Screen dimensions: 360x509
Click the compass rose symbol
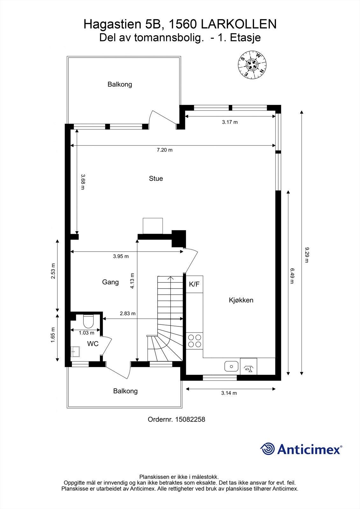point(252,65)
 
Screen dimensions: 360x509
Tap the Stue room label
point(156,178)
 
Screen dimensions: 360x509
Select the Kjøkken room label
point(241,300)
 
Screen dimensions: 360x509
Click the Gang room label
point(110,282)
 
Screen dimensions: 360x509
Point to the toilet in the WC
point(88,321)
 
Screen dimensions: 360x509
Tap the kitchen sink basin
point(231,366)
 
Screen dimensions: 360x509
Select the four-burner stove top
point(195,341)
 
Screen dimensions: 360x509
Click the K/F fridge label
point(194,284)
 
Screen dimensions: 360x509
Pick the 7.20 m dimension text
point(165,150)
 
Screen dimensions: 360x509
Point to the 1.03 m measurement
point(86,333)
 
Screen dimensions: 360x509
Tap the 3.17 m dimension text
point(230,122)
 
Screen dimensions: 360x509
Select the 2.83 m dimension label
point(128,313)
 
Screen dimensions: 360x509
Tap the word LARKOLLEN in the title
point(239,24)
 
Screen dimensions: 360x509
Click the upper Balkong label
point(120,84)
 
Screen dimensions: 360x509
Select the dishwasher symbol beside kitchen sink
point(248,366)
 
